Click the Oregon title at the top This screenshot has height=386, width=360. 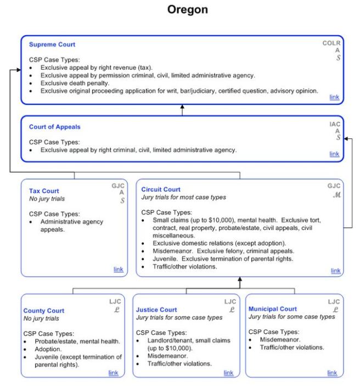coord(180,10)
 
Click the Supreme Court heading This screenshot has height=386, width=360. coord(52,44)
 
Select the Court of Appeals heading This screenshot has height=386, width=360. coord(54,127)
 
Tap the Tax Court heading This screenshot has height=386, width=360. coord(44,191)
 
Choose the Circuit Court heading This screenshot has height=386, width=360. coord(161,189)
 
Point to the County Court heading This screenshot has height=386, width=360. coord(43,311)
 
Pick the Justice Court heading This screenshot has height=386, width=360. coord(156,310)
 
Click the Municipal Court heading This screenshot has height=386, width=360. coord(272,309)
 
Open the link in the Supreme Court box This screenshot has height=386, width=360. coord(334,97)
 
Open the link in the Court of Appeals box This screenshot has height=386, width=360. coord(334,154)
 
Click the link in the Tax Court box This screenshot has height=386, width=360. coord(118,269)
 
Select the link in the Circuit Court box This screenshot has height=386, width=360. coord(335,271)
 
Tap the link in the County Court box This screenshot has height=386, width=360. coord(113,373)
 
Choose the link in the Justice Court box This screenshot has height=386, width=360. coord(228,373)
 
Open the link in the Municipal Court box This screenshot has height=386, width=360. coord(332,373)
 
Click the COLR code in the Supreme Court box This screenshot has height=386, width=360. coord(331,43)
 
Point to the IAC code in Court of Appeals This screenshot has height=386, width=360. coord(334,124)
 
